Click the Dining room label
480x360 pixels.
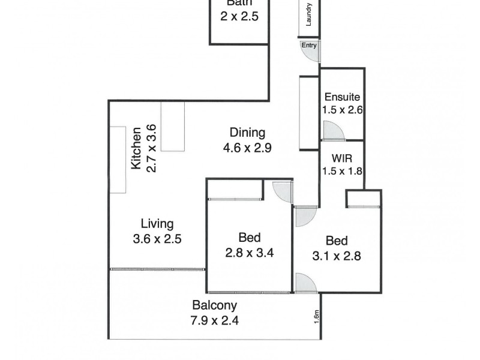click(x=247, y=133)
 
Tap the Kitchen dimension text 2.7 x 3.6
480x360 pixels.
click(x=151, y=148)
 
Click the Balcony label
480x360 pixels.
click(x=215, y=305)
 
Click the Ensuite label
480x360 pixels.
click(x=342, y=97)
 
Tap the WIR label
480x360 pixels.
click(x=342, y=160)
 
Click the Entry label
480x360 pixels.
click(x=309, y=45)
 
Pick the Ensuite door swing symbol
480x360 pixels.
click(x=331, y=131)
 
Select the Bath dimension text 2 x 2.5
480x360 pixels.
click(x=239, y=17)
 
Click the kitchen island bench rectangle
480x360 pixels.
click(x=172, y=126)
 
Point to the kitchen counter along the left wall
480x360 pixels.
click(x=117, y=159)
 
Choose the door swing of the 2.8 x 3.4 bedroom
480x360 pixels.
click(x=282, y=192)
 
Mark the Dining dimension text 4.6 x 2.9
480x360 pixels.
click(x=247, y=147)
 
